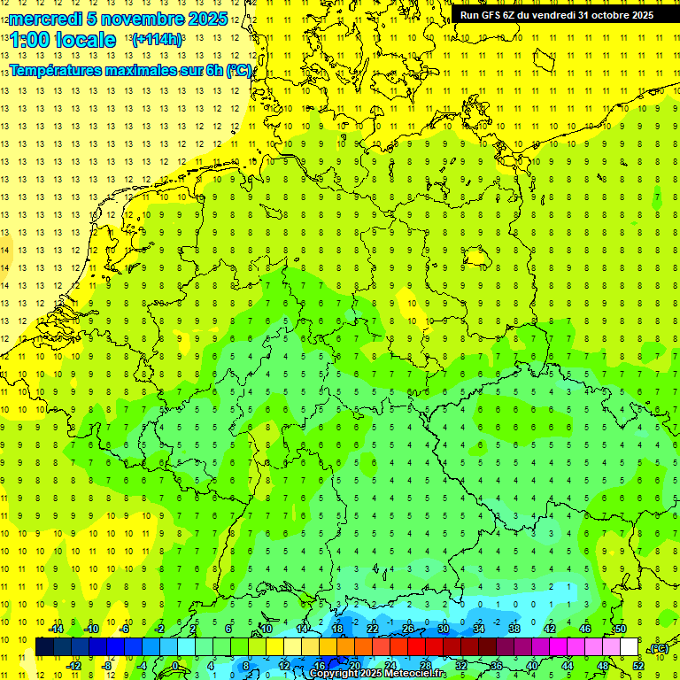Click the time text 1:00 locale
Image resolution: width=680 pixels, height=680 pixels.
(63, 40)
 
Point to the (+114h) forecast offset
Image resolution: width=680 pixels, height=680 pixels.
(157, 40)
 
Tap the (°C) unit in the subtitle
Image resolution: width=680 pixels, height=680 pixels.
(238, 71)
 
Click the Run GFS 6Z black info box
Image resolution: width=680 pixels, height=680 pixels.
(556, 15)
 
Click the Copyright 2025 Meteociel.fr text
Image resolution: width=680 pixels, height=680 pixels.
(378, 674)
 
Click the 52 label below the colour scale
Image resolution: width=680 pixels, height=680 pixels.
(637, 666)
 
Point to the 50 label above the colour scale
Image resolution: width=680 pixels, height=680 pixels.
(620, 629)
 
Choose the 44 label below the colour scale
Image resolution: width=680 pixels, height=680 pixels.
(567, 666)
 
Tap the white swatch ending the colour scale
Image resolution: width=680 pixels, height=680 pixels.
(629, 647)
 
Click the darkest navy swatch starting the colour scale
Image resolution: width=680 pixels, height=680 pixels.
(44, 647)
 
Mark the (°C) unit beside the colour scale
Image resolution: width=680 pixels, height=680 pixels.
(658, 649)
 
